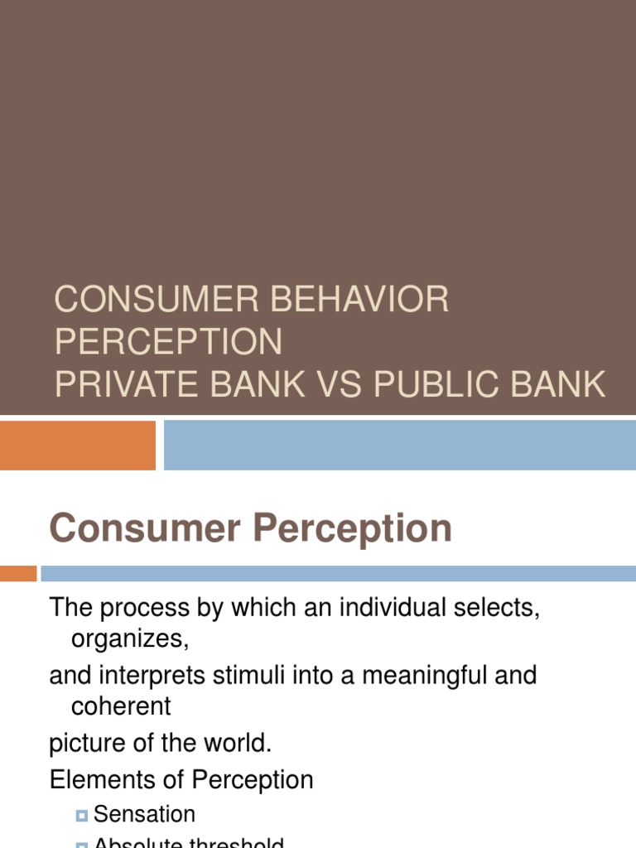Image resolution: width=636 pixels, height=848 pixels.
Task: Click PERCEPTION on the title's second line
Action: point(168,341)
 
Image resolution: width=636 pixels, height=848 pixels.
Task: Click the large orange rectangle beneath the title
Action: point(77,445)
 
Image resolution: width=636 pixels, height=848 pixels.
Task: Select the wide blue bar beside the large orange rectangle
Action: point(399,445)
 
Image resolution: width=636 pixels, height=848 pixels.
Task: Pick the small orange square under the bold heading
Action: point(17,573)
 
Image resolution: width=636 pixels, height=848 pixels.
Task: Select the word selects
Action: point(495,608)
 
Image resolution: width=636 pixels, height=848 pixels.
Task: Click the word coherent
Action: point(121,706)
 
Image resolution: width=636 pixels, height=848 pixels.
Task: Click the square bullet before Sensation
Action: point(81,816)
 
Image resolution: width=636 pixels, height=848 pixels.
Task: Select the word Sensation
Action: point(144,814)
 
